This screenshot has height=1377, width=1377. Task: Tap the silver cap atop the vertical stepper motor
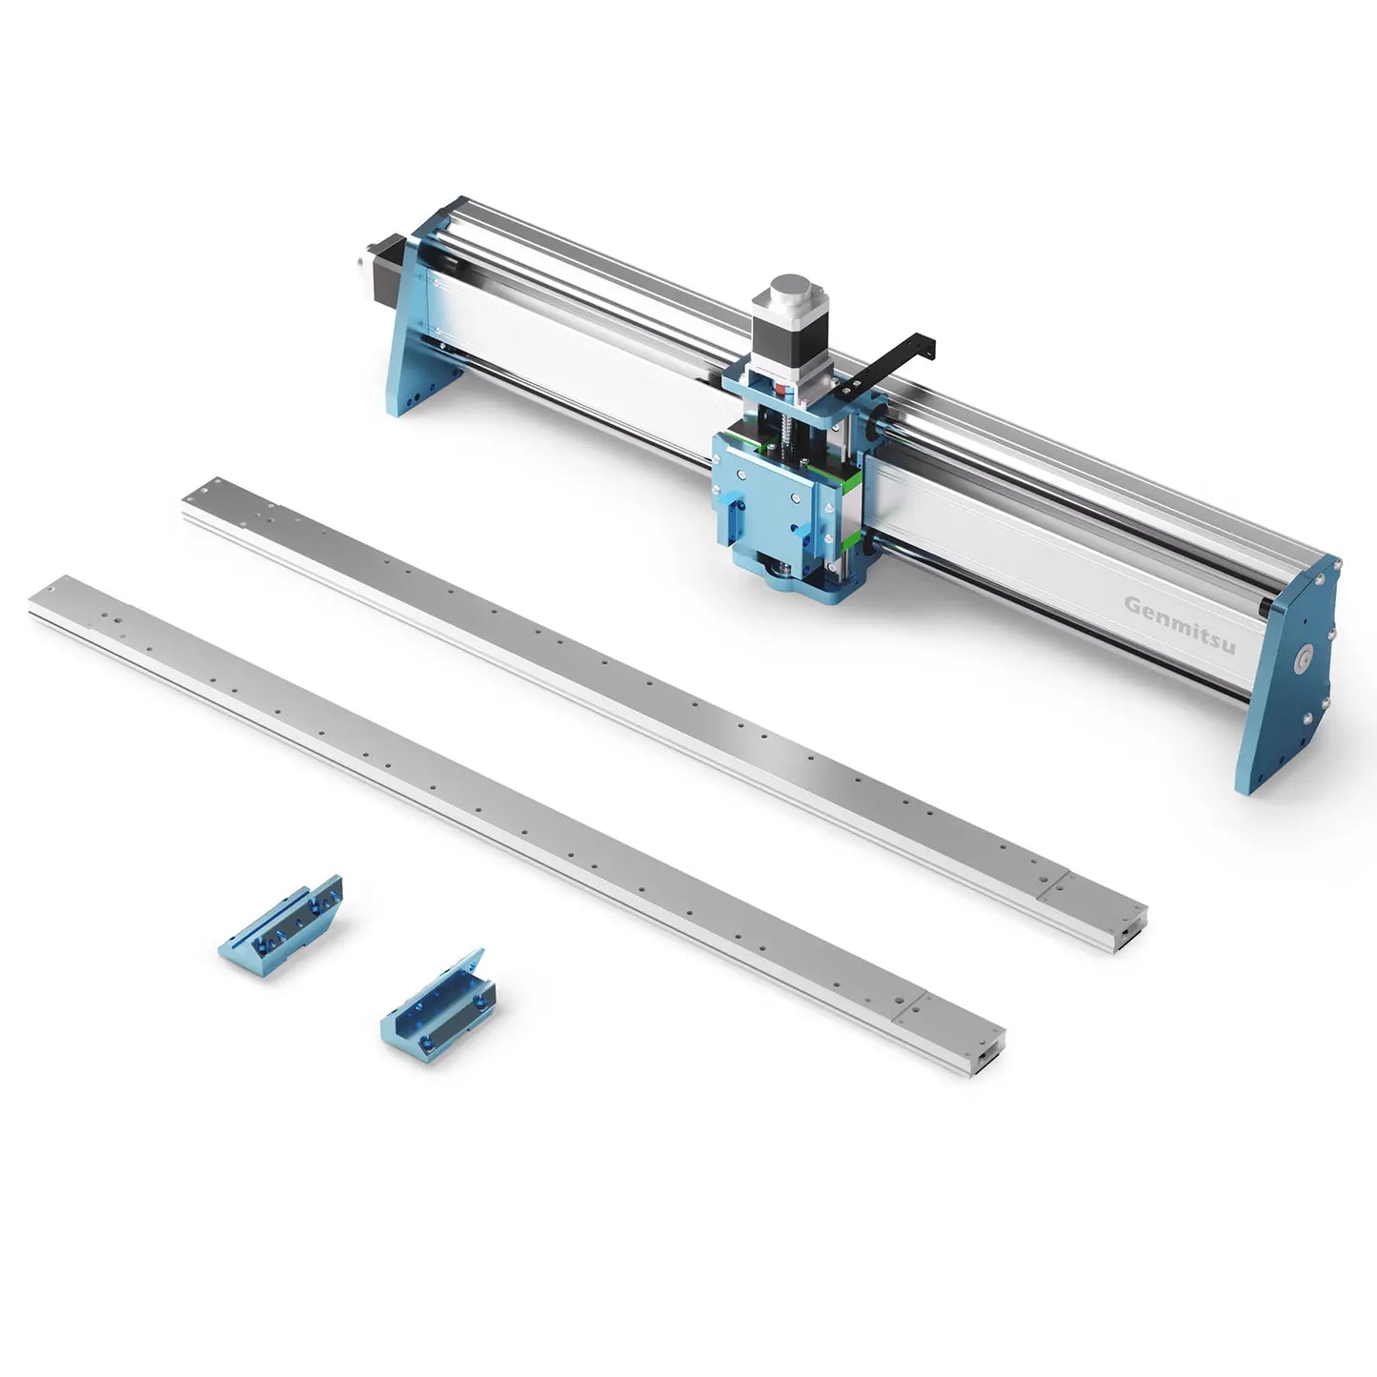[x=790, y=290]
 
